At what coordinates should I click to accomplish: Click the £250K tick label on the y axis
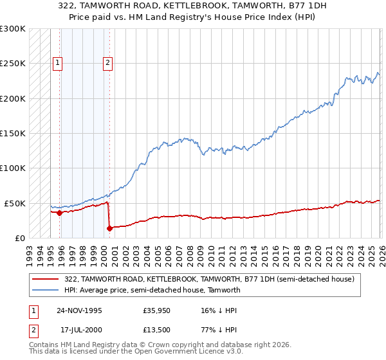click(13, 64)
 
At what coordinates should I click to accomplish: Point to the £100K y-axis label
click(13, 168)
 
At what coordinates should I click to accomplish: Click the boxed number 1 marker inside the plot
click(58, 63)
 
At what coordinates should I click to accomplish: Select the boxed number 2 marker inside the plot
click(107, 63)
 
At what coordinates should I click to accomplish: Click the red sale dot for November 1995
click(59, 213)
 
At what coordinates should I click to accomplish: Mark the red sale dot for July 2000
click(109, 228)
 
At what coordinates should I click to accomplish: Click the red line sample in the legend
click(46, 280)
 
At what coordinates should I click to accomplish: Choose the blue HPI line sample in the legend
click(46, 290)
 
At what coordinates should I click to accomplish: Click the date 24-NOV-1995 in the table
click(79, 310)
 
